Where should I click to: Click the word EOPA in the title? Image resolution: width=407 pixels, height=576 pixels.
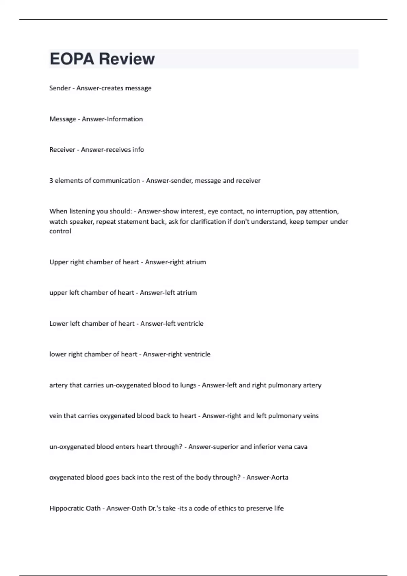click(72, 59)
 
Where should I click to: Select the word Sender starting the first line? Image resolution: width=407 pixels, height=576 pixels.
click(60, 88)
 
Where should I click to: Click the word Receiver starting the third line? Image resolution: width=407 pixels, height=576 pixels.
click(62, 150)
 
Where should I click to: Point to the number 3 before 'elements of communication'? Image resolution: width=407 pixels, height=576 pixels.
click(51, 181)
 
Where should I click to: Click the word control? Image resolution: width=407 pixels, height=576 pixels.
click(60, 231)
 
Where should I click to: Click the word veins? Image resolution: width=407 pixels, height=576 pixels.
click(311, 416)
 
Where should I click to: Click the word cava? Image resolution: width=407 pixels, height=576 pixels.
click(301, 447)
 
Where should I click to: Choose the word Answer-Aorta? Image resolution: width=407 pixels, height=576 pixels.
click(267, 477)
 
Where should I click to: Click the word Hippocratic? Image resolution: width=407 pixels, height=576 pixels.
click(75, 508)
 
